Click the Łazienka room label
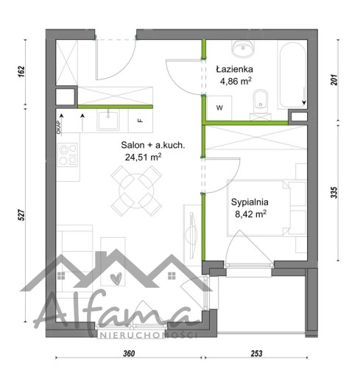tap(234, 69)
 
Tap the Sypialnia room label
tap(250, 202)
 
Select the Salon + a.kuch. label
tap(153, 145)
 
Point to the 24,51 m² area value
tap(143, 157)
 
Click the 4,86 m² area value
tap(236, 81)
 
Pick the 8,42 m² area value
tap(250, 214)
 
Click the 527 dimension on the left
tap(22, 215)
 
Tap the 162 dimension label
tap(21, 71)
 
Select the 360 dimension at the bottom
tap(129, 353)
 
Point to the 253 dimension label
tap(256, 353)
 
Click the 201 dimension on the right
tap(334, 79)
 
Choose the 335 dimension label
tap(334, 193)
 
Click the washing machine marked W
tap(219, 107)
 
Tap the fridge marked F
tap(141, 121)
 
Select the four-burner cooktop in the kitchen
tap(68, 155)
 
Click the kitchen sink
tap(108, 120)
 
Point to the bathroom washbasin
tap(243, 48)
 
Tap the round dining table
tap(136, 191)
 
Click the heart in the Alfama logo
tap(116, 279)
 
